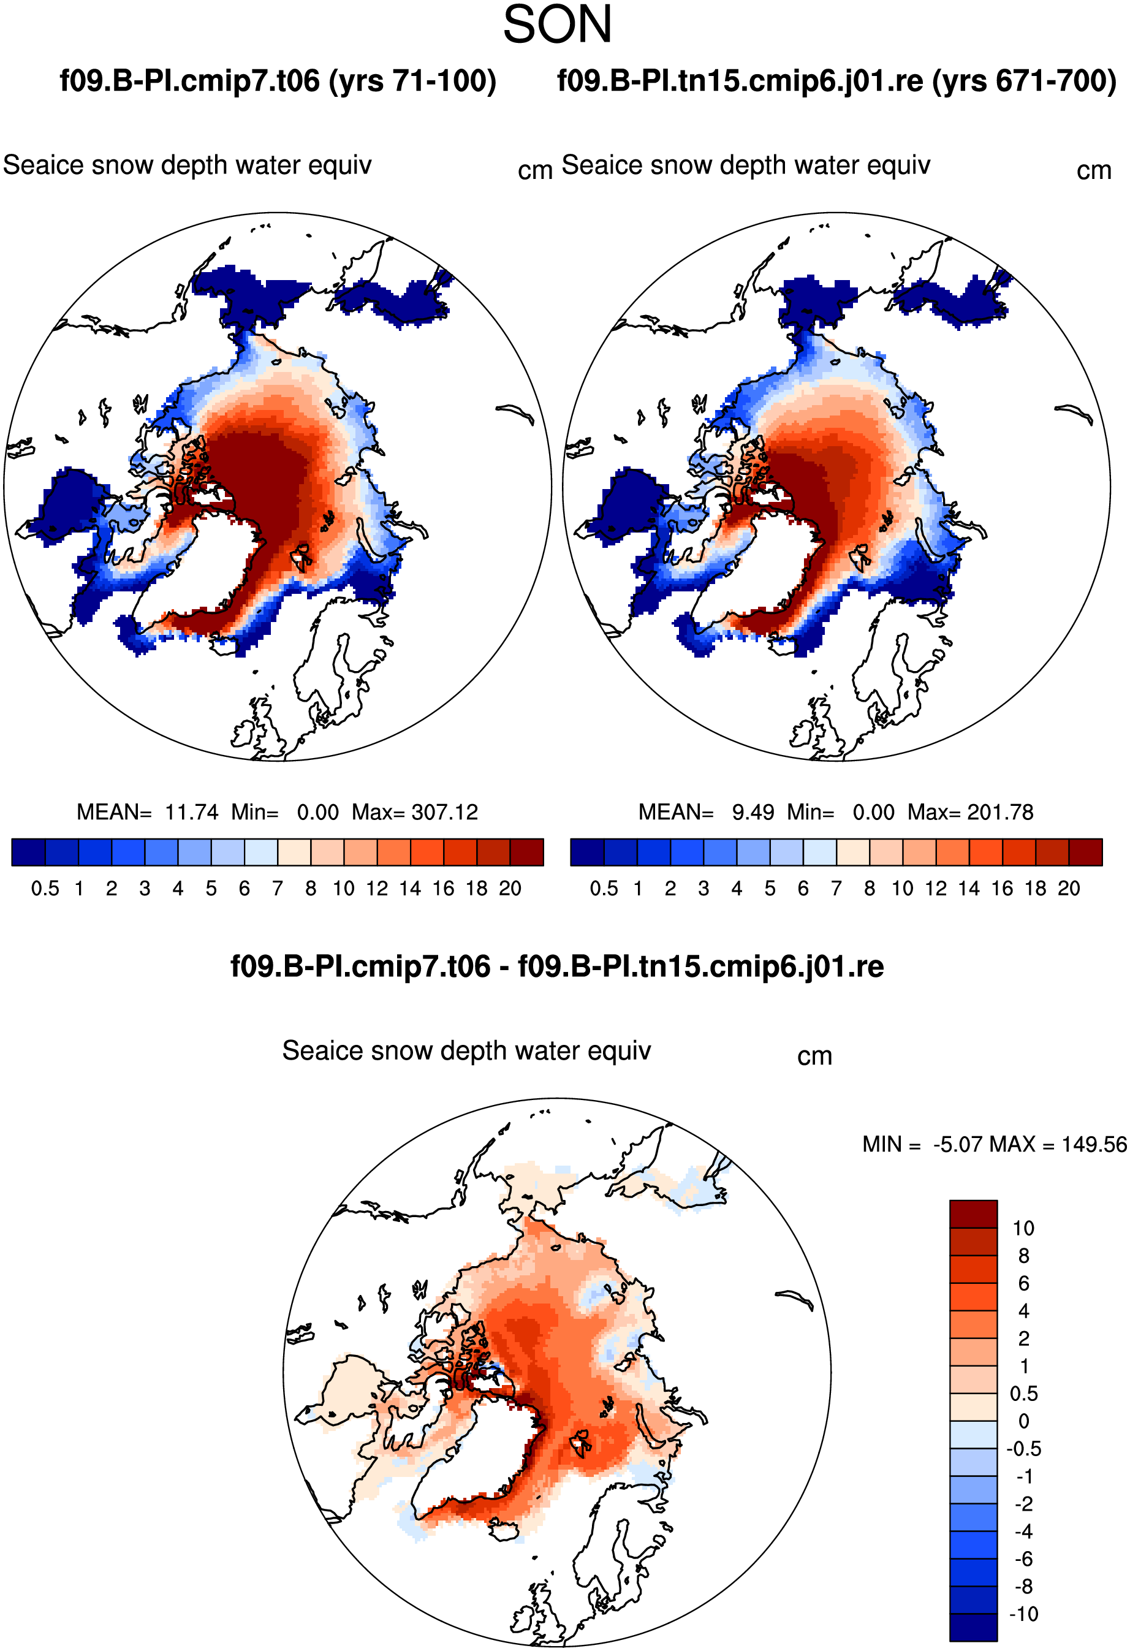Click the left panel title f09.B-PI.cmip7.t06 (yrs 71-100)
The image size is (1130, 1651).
278,81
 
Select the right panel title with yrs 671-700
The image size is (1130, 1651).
836,81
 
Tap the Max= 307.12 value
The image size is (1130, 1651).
415,812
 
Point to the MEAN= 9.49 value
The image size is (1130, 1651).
706,812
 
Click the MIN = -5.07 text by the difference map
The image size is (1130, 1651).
923,1144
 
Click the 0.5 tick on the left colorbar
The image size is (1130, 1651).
45,889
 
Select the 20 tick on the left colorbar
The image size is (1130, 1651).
510,889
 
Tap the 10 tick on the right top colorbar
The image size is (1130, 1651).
903,889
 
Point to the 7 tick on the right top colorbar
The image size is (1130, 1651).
836,889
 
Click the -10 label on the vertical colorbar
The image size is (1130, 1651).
1024,1614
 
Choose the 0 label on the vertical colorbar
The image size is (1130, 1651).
1023,1421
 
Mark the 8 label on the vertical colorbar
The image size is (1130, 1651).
1023,1256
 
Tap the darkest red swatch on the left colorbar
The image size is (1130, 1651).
527,852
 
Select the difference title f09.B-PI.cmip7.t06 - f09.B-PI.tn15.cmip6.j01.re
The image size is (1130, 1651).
558,967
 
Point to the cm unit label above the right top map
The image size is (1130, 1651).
1094,171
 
